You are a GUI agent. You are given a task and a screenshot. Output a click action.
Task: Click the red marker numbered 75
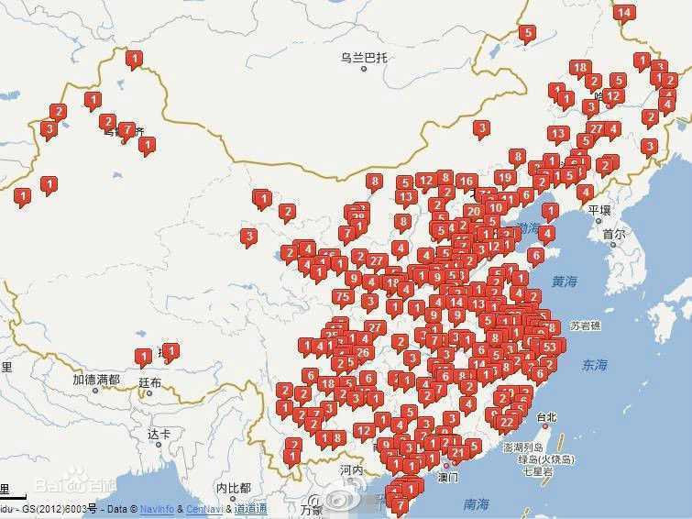click(343, 296)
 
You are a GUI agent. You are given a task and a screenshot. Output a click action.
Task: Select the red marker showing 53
click(550, 347)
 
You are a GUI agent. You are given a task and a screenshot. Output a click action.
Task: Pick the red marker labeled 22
click(506, 422)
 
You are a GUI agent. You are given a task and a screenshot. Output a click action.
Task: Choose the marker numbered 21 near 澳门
click(456, 452)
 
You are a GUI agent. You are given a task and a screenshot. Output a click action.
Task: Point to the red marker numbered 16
click(466, 181)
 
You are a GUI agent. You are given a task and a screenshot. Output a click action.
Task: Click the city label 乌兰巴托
click(364, 58)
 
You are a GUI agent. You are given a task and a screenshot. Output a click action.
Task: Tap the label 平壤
click(599, 210)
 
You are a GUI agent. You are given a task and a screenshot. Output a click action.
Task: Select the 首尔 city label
click(614, 234)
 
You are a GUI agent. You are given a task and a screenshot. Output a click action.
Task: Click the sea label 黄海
click(566, 282)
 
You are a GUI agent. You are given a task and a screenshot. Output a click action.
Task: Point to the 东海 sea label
click(594, 365)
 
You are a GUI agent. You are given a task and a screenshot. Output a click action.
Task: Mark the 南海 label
click(476, 503)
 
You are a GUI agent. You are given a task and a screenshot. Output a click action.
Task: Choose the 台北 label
click(546, 417)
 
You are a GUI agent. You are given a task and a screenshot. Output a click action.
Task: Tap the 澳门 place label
click(448, 477)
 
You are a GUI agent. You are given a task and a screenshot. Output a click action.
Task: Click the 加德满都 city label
click(96, 379)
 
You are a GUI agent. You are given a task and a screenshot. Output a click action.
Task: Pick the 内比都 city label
click(233, 488)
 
